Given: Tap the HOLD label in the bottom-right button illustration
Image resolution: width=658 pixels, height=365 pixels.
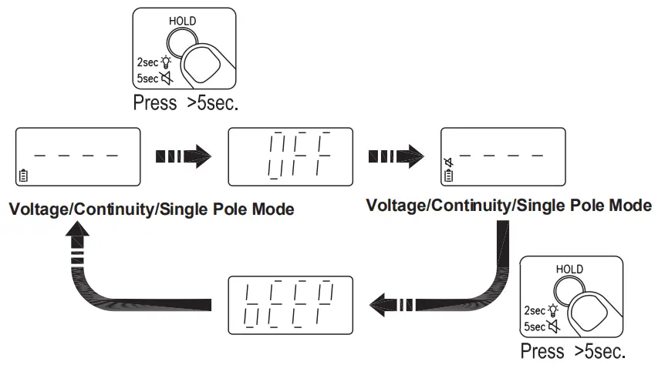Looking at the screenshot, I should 569,269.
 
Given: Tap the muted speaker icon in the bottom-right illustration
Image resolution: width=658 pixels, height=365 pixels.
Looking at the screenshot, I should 552,326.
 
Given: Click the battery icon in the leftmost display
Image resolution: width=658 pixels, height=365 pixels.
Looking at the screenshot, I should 22,176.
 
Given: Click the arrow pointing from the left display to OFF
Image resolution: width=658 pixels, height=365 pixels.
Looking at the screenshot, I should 184,157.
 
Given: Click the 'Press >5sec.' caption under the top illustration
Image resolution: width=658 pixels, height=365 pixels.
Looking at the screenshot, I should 185,103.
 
